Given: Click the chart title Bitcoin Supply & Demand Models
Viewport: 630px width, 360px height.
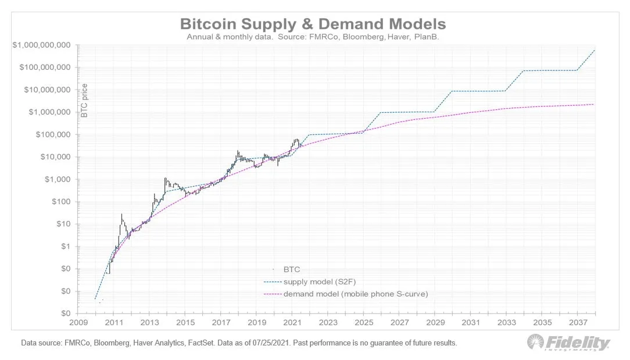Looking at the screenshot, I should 313,24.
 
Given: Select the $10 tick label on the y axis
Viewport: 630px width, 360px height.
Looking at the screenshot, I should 64,224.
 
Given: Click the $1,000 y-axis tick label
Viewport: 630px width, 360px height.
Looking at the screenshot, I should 60,179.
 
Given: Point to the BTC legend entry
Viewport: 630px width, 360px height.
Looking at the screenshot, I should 292,269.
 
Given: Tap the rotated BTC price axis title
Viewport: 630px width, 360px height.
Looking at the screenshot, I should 84,100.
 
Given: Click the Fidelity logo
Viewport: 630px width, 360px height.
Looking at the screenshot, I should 568,343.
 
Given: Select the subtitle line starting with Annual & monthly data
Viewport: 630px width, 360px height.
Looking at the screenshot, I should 313,37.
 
